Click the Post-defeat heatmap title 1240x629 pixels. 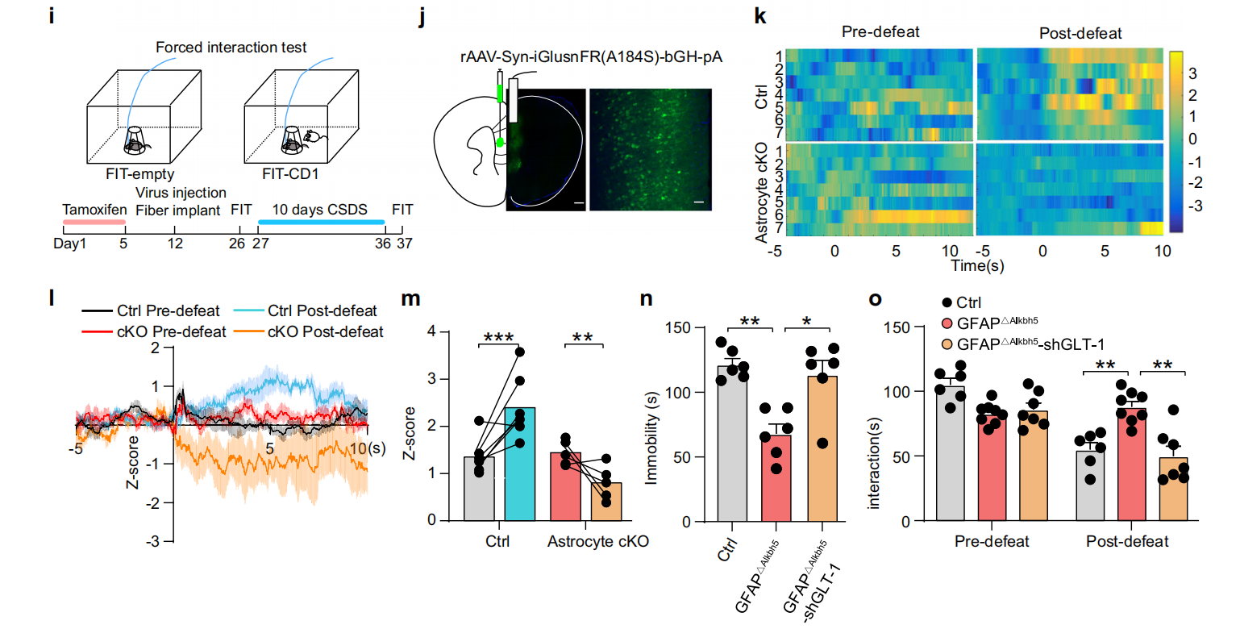1069,33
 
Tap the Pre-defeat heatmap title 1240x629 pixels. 880,33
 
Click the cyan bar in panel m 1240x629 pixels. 520,464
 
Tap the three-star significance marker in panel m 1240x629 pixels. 500,336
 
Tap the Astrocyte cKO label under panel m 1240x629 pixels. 598,541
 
